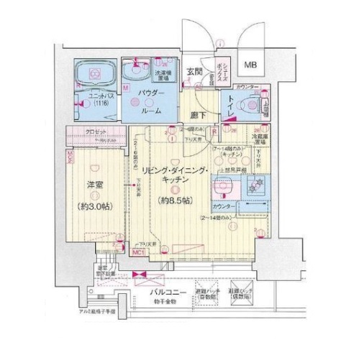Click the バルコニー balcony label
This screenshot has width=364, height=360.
[169, 295]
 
